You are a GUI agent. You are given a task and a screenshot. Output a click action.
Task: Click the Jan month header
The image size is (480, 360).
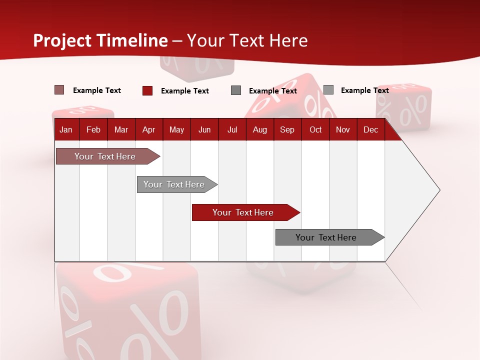coord(66,130)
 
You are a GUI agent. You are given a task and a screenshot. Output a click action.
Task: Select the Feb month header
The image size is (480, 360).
coord(93,130)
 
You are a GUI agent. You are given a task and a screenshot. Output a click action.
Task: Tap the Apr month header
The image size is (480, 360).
coord(148,130)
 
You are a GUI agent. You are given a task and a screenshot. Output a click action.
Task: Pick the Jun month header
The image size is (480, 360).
coord(204,130)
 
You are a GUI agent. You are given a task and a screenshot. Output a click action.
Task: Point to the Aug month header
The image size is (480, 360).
coord(259,130)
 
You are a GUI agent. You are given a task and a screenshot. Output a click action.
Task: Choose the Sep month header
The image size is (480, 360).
coord(287,130)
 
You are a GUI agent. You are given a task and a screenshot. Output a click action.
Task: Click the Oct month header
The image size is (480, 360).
coord(315,130)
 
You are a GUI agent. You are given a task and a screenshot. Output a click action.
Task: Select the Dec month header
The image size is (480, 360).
coord(370,130)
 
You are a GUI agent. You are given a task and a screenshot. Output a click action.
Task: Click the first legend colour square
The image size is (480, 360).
coord(59,90)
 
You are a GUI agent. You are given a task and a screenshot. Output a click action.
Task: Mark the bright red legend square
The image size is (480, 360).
coord(147,90)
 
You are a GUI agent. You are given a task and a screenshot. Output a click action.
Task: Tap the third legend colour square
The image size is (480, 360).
coord(236,90)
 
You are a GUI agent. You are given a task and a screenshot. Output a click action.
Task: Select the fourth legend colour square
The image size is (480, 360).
coord(328,90)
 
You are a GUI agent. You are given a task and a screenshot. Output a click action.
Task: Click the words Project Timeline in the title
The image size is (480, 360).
coord(100,40)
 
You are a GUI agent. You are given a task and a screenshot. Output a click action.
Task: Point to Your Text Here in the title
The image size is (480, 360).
coord(247,40)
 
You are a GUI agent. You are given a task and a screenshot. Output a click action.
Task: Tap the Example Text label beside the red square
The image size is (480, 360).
coord(184,91)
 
